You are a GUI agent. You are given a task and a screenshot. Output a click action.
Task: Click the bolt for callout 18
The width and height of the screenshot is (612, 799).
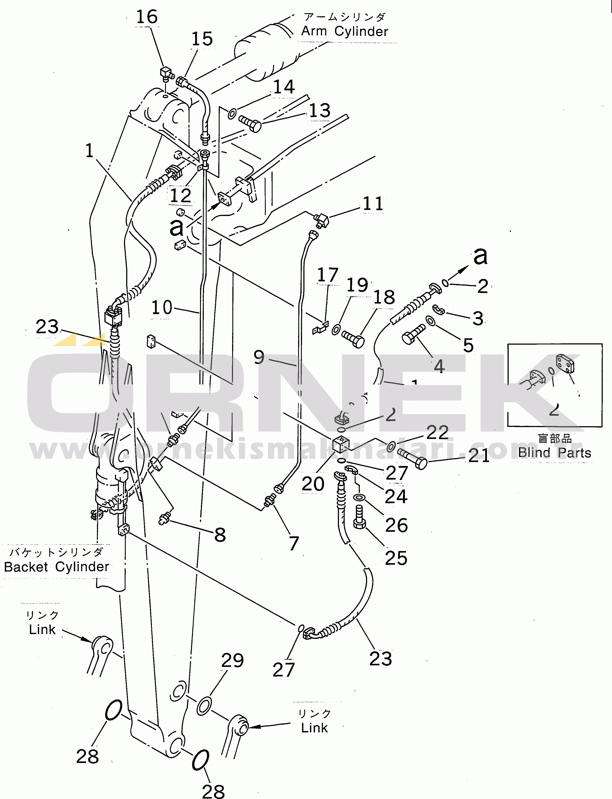point(353,338)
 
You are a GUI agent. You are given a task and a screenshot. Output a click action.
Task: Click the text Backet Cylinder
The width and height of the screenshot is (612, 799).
point(56,567)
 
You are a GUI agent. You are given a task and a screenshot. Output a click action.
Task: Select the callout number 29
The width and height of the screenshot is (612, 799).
point(232,660)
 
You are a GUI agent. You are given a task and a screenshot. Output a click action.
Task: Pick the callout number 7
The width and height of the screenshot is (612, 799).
point(294,543)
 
